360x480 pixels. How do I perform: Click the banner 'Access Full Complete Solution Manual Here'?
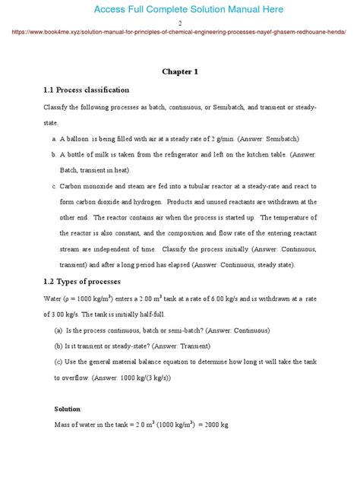(179, 9)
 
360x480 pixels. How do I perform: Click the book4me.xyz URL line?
(180, 34)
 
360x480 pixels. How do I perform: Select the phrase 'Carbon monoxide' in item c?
(84, 186)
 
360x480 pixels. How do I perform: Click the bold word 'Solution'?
(68, 409)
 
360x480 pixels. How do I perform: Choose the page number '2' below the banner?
(179, 24)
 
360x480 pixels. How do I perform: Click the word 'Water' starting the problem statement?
(52, 300)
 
